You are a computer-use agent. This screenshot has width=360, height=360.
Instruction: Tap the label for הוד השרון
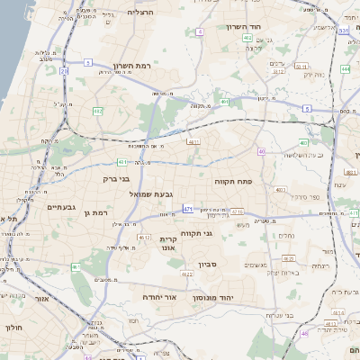click(x=269, y=28)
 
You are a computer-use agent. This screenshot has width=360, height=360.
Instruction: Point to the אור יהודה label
click(x=159, y=295)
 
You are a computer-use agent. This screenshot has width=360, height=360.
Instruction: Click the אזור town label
click(x=41, y=298)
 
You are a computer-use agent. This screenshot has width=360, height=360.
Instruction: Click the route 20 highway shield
click(x=63, y=70)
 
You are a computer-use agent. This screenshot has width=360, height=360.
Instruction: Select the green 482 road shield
click(x=97, y=110)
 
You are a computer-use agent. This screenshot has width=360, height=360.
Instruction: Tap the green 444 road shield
click(x=345, y=68)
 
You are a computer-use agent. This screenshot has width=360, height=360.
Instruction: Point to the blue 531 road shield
click(x=345, y=31)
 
